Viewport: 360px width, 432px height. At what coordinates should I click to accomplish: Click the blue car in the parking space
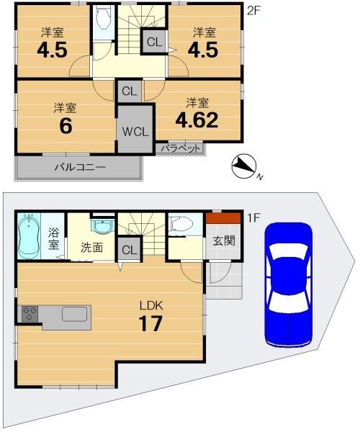(x=289, y=284)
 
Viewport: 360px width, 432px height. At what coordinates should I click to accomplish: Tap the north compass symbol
(x=244, y=166)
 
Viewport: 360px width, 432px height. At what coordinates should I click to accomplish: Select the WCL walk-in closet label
(x=135, y=132)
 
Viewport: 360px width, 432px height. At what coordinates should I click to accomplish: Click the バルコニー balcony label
(x=80, y=167)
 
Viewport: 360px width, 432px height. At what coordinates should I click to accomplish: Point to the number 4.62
(x=197, y=120)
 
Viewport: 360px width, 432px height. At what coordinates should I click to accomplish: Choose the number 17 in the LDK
(x=150, y=323)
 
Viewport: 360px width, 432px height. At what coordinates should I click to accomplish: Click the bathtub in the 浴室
(x=30, y=235)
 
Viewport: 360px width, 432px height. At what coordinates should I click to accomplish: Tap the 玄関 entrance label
(x=224, y=241)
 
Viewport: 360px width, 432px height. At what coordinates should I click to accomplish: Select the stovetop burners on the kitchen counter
(x=30, y=313)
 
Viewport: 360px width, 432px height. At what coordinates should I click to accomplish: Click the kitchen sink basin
(x=74, y=314)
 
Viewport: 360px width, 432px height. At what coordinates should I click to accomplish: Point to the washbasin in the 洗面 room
(x=103, y=226)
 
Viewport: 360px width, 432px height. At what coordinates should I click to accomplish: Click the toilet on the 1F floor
(x=181, y=224)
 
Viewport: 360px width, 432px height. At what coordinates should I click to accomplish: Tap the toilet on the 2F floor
(x=103, y=18)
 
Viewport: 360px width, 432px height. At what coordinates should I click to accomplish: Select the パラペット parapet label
(x=181, y=148)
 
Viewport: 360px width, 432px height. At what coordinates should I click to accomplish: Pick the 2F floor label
(x=253, y=10)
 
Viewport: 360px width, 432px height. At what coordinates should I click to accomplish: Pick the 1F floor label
(x=253, y=218)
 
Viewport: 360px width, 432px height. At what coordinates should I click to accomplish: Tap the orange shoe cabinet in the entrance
(x=224, y=218)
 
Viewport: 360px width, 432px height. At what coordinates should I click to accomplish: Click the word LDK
(x=151, y=305)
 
